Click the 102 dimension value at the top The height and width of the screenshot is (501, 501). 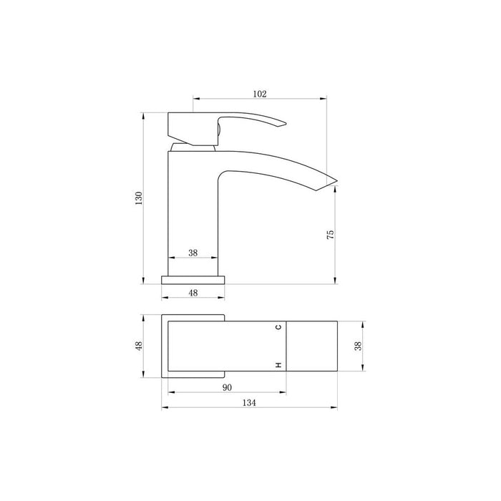click(260, 93)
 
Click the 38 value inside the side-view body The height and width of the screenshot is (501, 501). click(193, 253)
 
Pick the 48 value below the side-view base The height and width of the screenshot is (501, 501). click(193, 292)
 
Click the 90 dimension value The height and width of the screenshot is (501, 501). click(227, 387)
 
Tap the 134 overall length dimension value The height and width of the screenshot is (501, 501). click(248, 403)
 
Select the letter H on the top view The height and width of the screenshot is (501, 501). click(278, 366)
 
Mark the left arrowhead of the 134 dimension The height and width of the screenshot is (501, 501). click(164, 409)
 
